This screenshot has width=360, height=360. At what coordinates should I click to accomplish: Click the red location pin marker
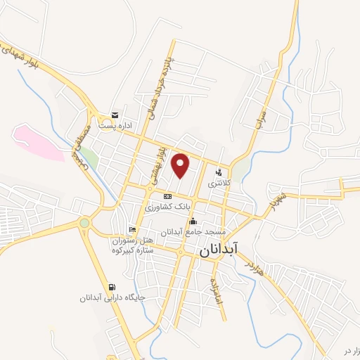coord(181,165)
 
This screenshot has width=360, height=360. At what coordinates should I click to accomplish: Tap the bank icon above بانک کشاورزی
coord(167,197)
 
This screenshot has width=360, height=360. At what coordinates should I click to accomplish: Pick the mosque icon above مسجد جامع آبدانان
coord(193,221)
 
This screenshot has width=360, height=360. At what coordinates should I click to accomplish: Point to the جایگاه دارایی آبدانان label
coord(112,297)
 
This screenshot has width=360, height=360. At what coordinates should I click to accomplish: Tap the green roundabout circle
coord(84,223)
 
